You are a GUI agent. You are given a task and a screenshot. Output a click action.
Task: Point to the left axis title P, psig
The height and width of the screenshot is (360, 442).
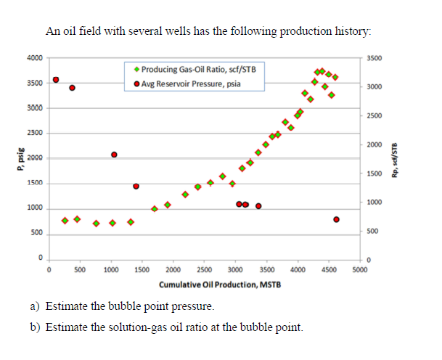point(11,157)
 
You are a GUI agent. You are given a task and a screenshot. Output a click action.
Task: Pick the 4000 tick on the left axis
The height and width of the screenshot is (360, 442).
point(34,58)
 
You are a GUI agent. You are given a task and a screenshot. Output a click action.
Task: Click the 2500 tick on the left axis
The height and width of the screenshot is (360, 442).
point(34,134)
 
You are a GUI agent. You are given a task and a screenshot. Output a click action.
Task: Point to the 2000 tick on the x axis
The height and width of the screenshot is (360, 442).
point(173,270)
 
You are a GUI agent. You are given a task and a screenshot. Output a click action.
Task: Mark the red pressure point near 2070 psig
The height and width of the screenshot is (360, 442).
point(114,155)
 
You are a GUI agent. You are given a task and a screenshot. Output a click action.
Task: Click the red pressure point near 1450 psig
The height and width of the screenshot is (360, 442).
point(136,186)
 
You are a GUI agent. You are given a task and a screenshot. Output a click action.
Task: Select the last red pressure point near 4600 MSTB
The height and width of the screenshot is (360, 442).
point(336,219)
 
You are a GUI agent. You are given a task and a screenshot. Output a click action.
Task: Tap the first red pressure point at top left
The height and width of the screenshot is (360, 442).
point(56,80)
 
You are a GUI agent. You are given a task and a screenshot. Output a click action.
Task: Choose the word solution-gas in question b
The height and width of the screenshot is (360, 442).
point(120,327)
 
